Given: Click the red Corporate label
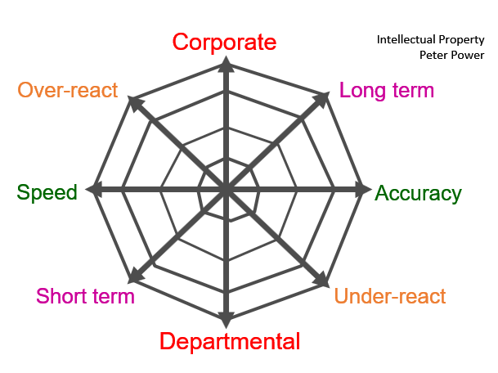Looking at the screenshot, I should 225,43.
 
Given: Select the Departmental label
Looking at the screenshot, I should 230,341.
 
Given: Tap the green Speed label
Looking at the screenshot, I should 47,192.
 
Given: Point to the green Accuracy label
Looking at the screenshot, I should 418,194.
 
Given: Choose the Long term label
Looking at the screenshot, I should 387,90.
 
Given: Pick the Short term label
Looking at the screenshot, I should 86,295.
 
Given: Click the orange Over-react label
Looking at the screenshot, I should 68,90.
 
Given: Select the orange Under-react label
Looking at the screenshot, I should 391,295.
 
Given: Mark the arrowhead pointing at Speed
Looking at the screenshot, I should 95,191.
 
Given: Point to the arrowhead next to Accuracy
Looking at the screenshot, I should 358,191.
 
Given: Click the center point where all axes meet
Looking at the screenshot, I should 227,191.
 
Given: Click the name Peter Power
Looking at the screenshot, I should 452,55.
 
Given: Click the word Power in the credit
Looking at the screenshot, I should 469,55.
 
